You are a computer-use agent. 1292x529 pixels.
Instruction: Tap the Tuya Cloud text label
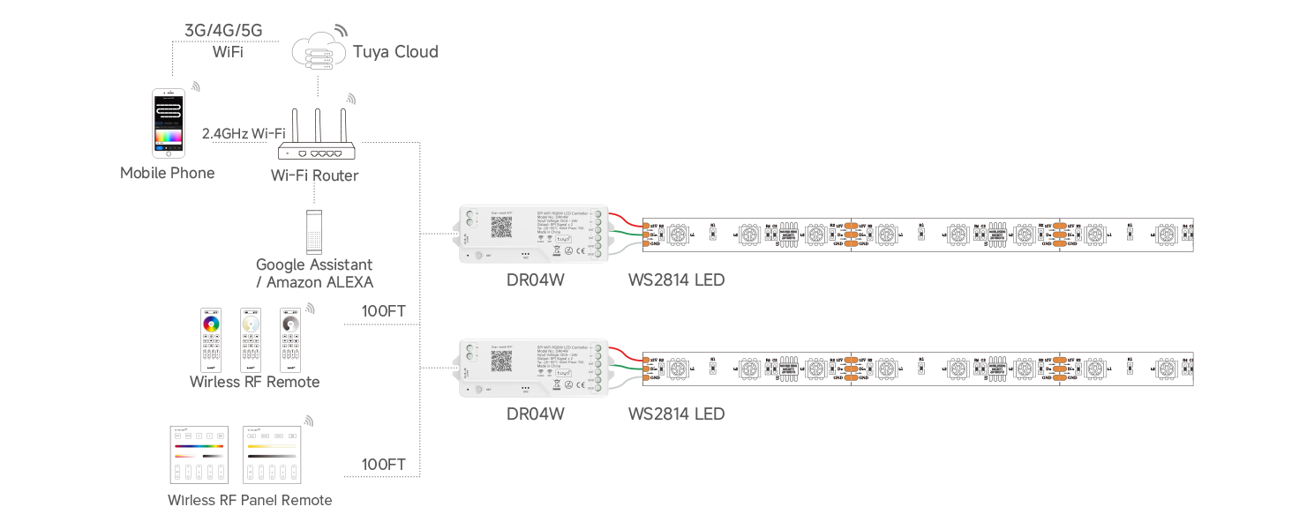[395, 52]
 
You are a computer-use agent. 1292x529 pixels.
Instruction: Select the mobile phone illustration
[168, 122]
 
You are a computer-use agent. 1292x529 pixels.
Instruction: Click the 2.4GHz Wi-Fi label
[244, 134]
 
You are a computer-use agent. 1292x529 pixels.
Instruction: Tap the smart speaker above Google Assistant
[315, 232]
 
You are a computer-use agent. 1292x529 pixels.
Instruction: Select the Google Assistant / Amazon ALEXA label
[314, 273]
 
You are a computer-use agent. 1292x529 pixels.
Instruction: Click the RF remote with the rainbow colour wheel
[211, 339]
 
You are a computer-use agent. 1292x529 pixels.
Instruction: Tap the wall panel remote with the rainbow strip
[199, 454]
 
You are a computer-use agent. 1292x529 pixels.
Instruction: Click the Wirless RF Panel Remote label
[250, 501]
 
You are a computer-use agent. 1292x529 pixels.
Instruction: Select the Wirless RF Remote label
[254, 382]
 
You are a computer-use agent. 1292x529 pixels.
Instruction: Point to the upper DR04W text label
[535, 280]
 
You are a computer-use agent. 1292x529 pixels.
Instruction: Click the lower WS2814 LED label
[676, 414]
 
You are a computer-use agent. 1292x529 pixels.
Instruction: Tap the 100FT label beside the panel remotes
[383, 465]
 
